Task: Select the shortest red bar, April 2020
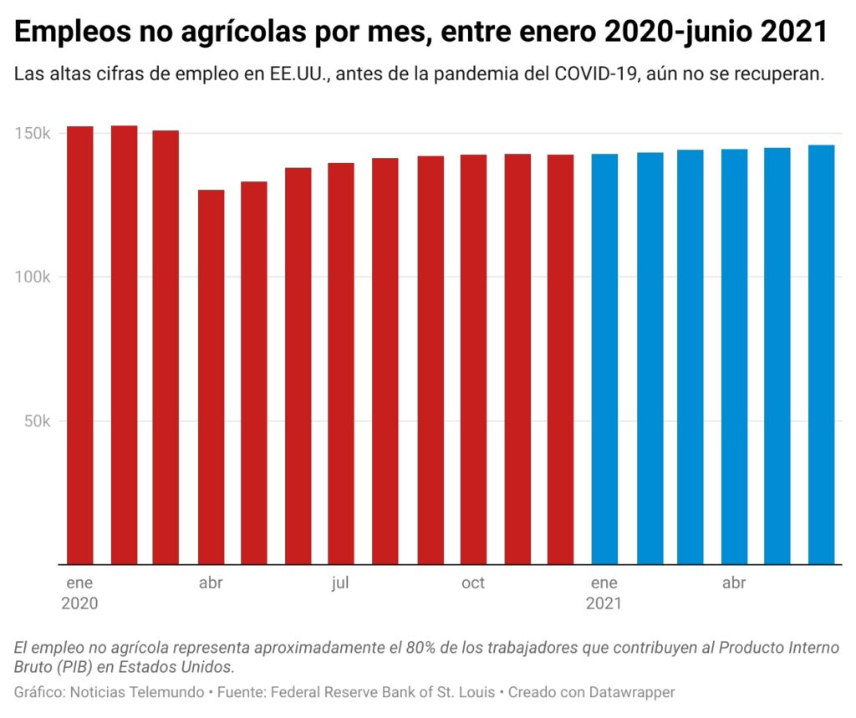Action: pos(211,376)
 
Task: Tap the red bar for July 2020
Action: pos(341,363)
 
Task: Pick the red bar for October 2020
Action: pos(473,359)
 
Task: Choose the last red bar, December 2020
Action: pos(560,359)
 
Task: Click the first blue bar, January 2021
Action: pos(604,359)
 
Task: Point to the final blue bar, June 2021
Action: pos(821,354)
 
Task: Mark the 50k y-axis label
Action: pos(38,421)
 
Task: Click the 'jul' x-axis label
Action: pos(339,583)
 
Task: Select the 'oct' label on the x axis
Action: pos(472,583)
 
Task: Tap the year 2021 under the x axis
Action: pos(604,603)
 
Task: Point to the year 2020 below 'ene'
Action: pos(79,603)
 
